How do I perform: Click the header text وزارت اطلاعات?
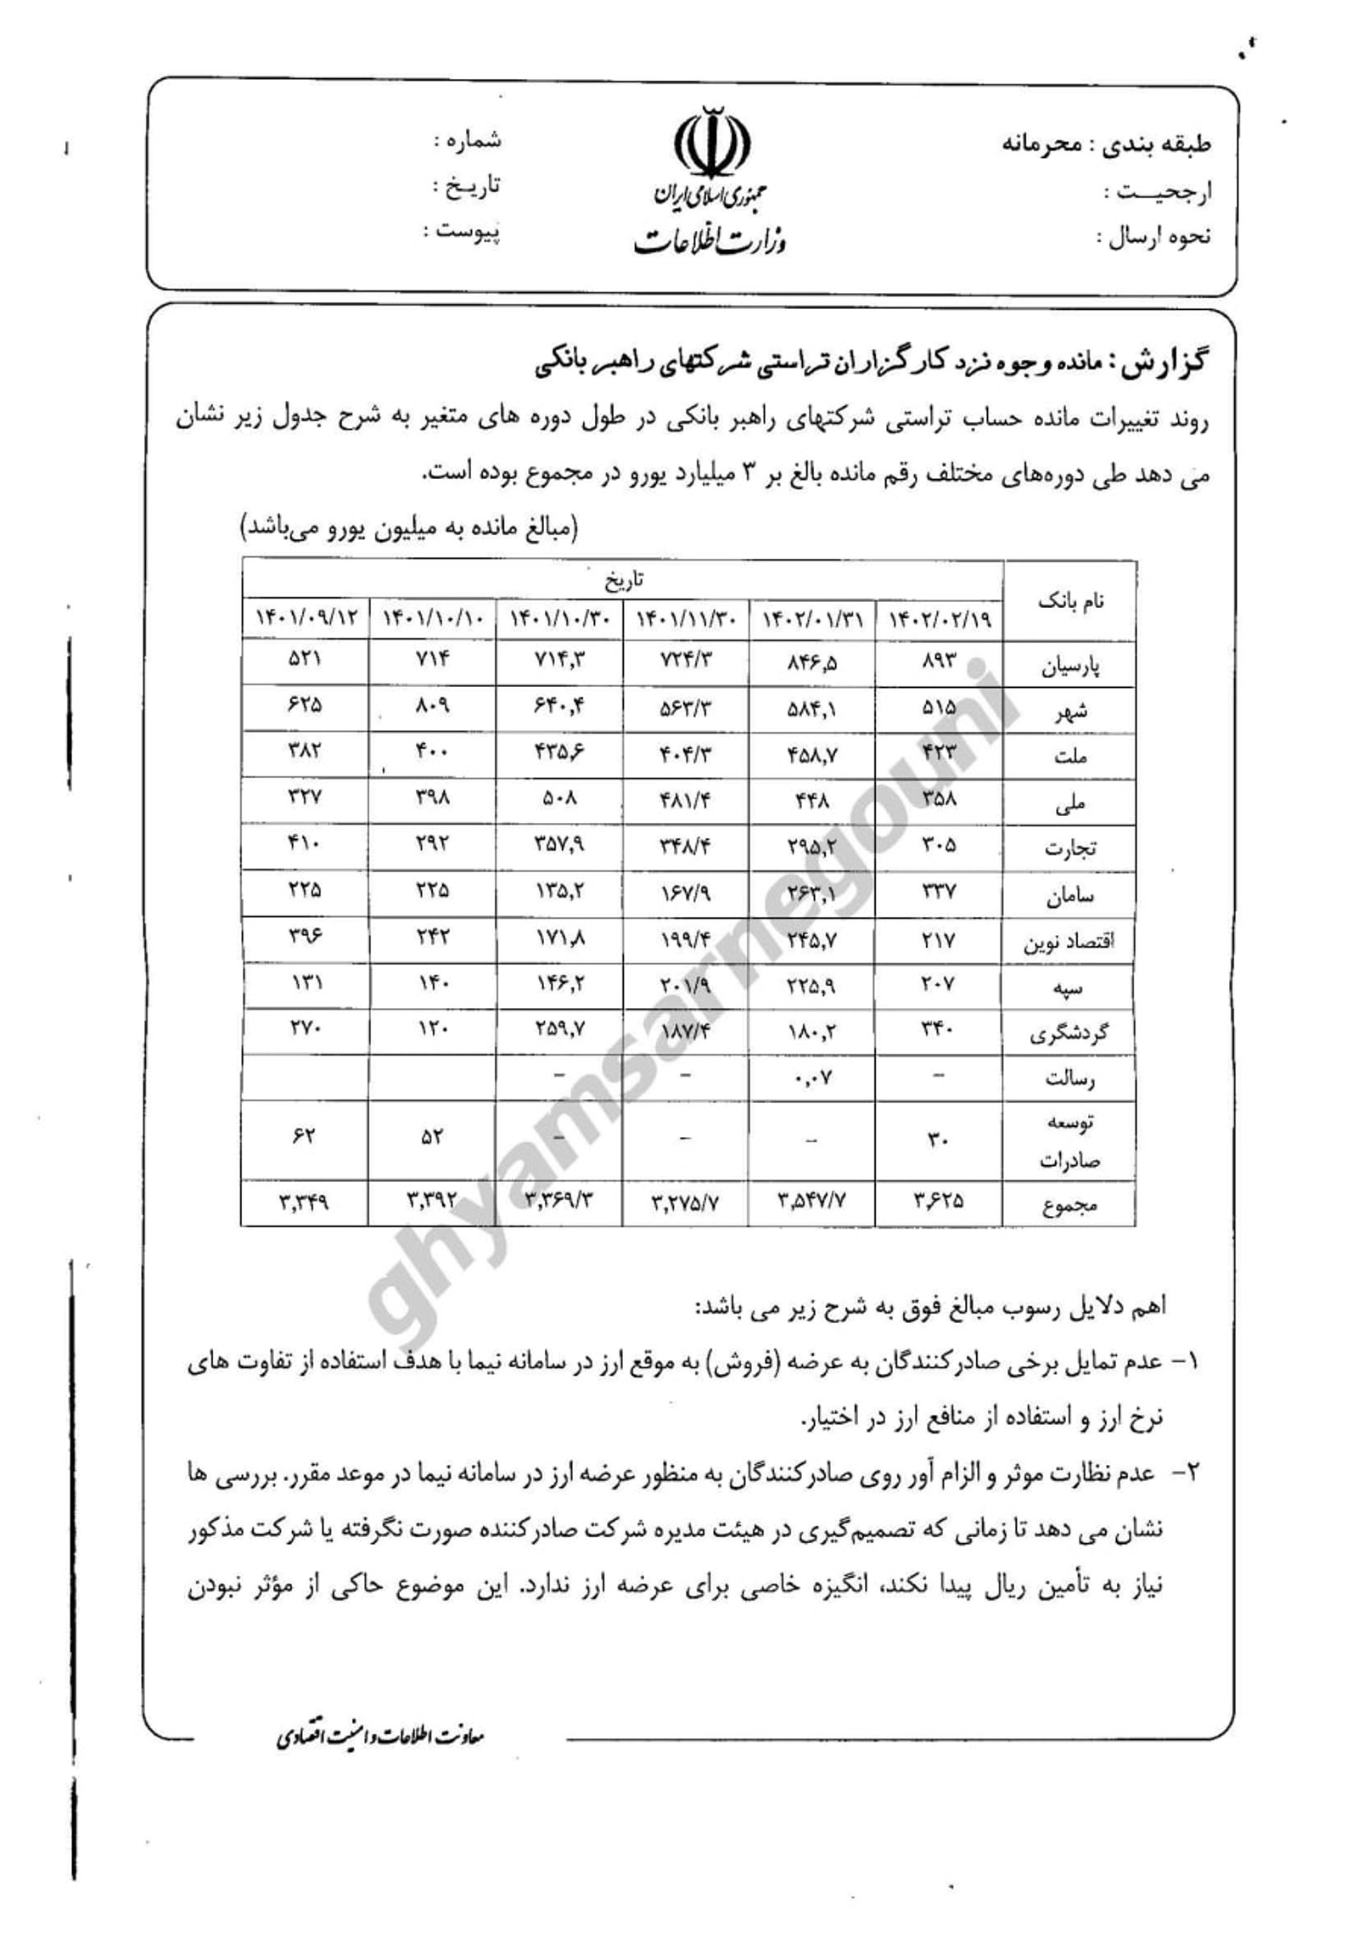click(710, 241)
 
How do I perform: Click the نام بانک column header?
click(1069, 601)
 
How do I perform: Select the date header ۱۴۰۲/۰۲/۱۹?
click(939, 622)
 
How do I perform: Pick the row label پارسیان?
click(1069, 667)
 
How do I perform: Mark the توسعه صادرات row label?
click(1069, 1140)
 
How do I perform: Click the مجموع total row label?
click(1069, 1205)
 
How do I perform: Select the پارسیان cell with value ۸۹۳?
click(939, 662)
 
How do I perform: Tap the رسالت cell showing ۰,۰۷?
click(811, 1078)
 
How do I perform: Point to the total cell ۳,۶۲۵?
click(939, 1201)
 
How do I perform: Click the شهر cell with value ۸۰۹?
click(432, 707)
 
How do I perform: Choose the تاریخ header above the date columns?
click(625, 579)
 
